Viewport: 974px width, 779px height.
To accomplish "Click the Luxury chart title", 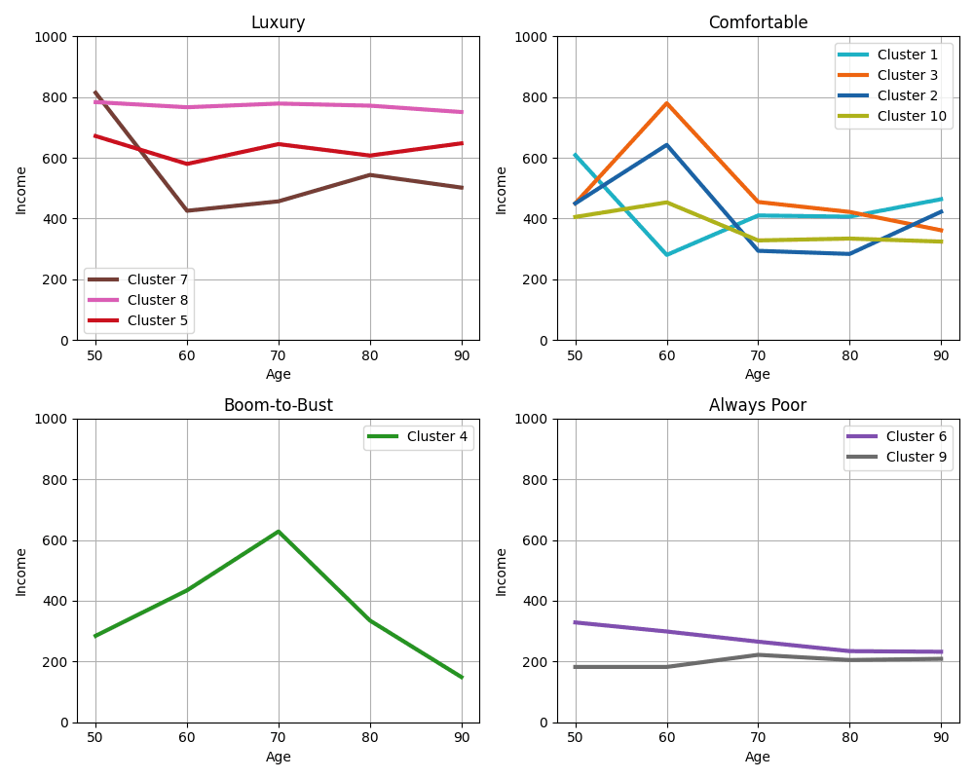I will pyautogui.click(x=278, y=22).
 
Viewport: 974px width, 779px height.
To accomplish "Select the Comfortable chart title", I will pyautogui.click(x=758, y=22).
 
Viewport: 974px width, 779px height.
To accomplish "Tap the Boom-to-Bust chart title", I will pyautogui.click(x=278, y=405).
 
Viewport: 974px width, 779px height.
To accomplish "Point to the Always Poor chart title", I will pyautogui.click(x=758, y=405).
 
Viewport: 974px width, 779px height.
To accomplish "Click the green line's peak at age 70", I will pyautogui.click(x=279, y=532).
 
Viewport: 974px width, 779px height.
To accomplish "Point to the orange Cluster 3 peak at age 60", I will pyautogui.click(x=667, y=103).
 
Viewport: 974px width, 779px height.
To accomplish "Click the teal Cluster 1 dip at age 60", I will pyautogui.click(x=667, y=255).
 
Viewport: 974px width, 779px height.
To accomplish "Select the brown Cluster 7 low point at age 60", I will pyautogui.click(x=187, y=210).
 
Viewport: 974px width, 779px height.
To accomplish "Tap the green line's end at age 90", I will pyautogui.click(x=462, y=677).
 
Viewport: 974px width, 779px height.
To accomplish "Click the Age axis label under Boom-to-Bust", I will pyautogui.click(x=278, y=757).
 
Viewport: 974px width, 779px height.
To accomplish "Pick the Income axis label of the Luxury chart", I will pyautogui.click(x=21, y=189).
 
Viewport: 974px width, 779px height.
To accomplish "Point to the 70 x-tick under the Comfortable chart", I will pyautogui.click(x=758, y=355).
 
